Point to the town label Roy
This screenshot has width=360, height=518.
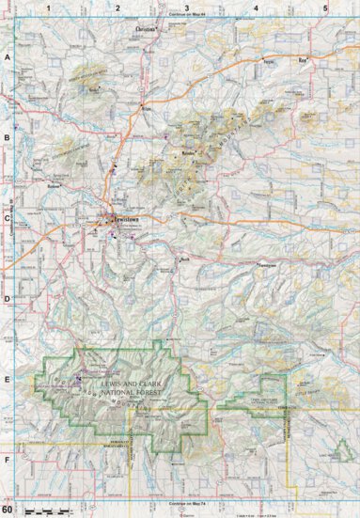pyautogui.click(x=303, y=59)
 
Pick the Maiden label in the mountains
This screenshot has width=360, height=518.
pyautogui.click(x=188, y=150)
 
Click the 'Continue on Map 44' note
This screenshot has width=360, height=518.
pyautogui.click(x=186, y=16)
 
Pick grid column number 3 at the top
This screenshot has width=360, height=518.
pyautogui.click(x=186, y=8)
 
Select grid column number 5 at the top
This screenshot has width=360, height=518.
pyautogui.click(x=325, y=8)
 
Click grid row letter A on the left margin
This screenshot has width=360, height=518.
pyautogui.click(x=8, y=57)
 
